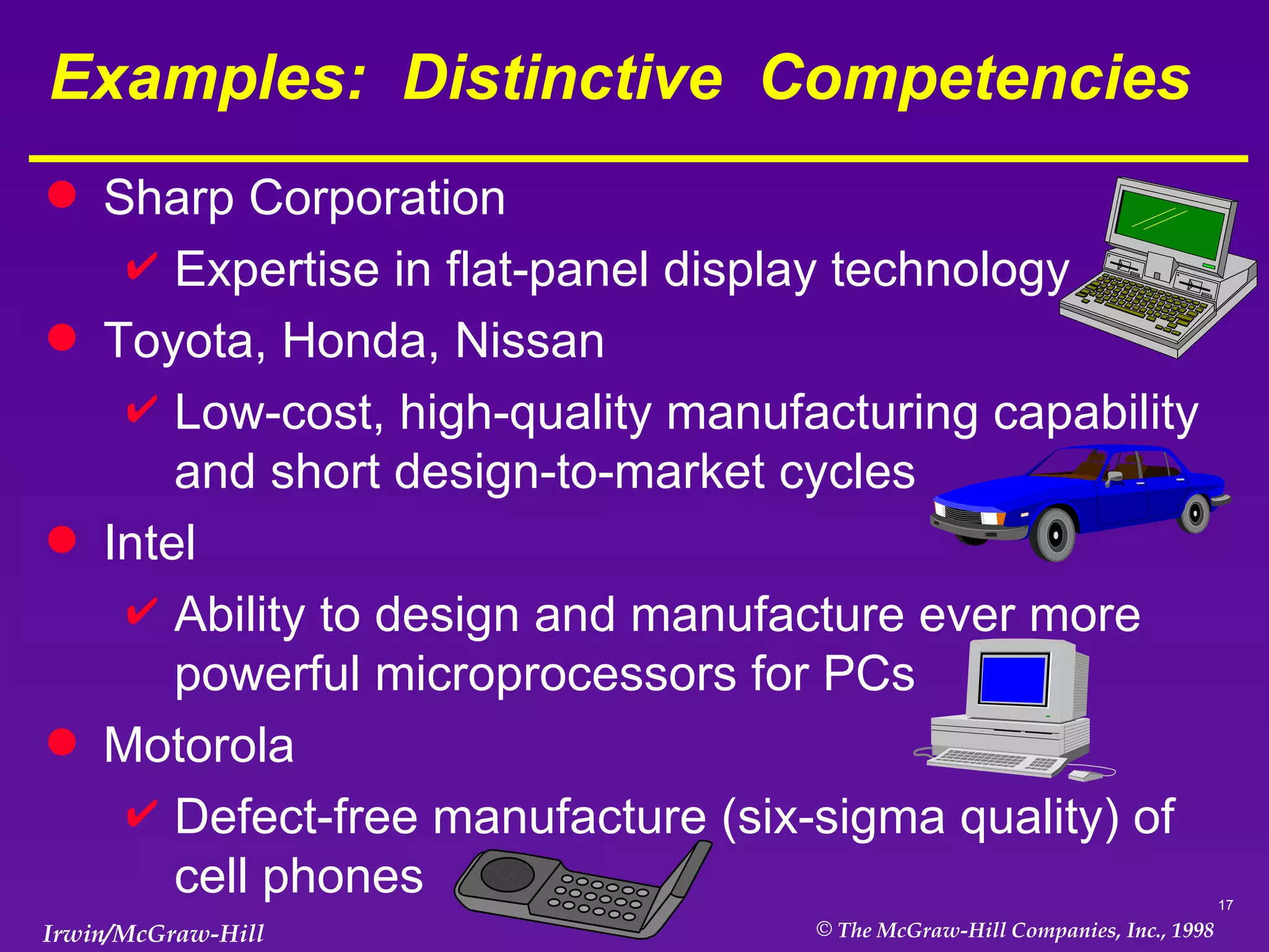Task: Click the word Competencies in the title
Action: tap(975, 78)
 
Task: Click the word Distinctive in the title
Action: tap(562, 78)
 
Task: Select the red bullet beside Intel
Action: tap(62, 539)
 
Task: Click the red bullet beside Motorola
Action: tap(62, 741)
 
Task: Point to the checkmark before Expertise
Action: tap(141, 267)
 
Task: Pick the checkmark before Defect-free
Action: tap(141, 813)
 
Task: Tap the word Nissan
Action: tap(530, 341)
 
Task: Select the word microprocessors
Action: tap(555, 674)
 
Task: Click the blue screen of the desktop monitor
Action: tap(1012, 679)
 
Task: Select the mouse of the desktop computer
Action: tap(1085, 775)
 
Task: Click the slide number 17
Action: tap(1225, 906)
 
